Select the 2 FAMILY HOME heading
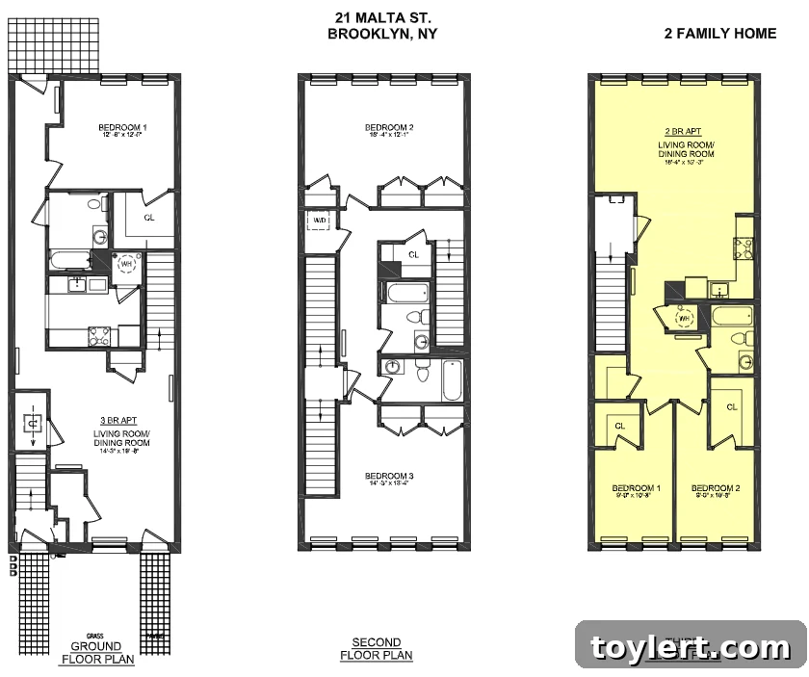[719, 34]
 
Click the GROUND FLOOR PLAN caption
[97, 652]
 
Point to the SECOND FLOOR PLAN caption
[376, 649]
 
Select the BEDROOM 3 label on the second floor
[390, 477]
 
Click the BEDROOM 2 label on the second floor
[389, 128]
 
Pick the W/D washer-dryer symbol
[319, 221]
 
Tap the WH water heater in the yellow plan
[683, 318]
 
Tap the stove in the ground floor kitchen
[98, 334]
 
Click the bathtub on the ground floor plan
[69, 260]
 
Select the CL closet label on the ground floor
[149, 218]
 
